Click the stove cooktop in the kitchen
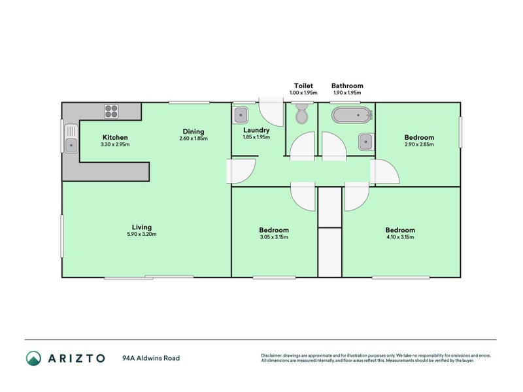click(x=111, y=112)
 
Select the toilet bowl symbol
click(x=301, y=114)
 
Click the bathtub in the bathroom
click(x=352, y=116)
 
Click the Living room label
click(x=142, y=227)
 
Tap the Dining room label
click(x=193, y=131)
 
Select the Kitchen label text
click(x=114, y=137)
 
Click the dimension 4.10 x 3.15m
click(x=399, y=237)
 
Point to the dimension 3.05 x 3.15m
click(x=274, y=237)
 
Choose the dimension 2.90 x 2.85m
click(x=419, y=144)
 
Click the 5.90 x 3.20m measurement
click(x=142, y=235)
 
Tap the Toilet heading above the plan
click(x=303, y=86)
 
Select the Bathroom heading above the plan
click(x=347, y=86)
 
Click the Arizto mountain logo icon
click(x=34, y=358)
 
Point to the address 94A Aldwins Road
click(x=151, y=358)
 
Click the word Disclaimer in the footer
click(x=273, y=356)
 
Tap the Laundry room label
click(x=256, y=130)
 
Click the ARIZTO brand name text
click(x=75, y=358)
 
